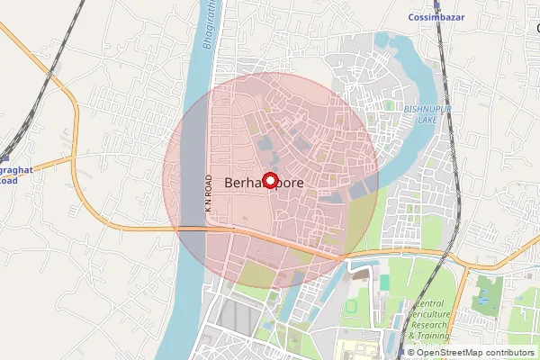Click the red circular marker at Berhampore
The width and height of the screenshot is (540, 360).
(x=270, y=179)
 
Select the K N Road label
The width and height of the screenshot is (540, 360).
(x=207, y=193)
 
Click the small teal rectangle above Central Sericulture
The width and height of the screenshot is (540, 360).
(x=384, y=282)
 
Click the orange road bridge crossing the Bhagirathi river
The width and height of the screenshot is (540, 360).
(x=191, y=229)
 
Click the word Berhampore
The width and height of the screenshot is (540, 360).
(x=263, y=182)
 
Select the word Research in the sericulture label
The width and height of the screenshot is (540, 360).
(x=442, y=326)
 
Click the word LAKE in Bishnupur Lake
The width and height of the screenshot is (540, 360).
(x=429, y=119)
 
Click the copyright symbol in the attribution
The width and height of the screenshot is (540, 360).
(x=410, y=352)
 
